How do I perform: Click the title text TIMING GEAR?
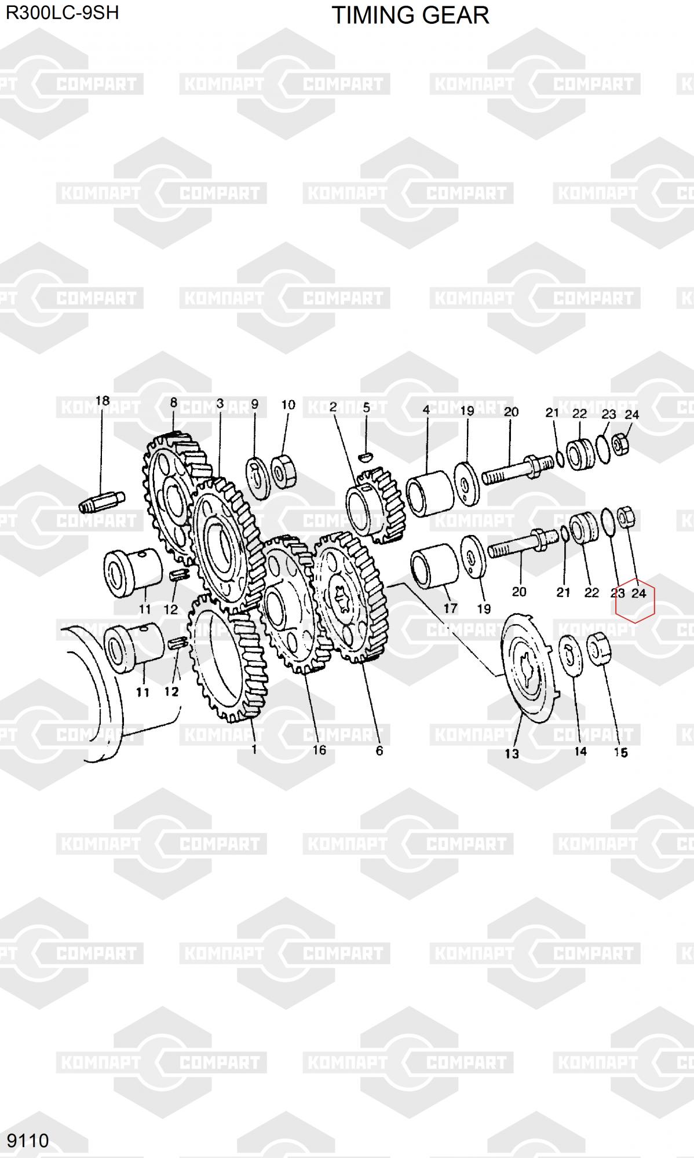(x=410, y=15)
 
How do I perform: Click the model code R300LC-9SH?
(x=62, y=12)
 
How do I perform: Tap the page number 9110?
(x=28, y=1140)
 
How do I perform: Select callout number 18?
(x=102, y=401)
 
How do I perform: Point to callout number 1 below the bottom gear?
(x=254, y=749)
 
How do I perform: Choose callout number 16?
(x=319, y=750)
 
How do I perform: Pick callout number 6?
(x=379, y=750)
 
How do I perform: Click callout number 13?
(x=512, y=753)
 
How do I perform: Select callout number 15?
(x=620, y=752)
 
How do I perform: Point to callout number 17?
(x=450, y=608)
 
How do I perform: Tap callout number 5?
(x=366, y=408)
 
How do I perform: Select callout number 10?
(x=288, y=405)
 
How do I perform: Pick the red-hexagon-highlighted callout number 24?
(x=638, y=593)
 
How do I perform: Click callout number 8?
(x=173, y=402)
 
